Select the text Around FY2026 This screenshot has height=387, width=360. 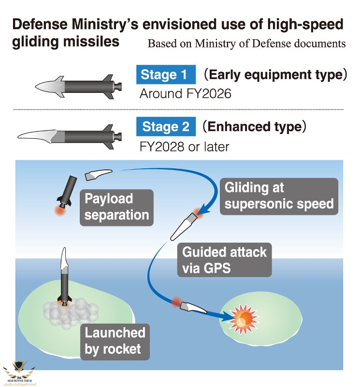(x=185, y=93)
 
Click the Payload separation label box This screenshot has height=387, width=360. (x=116, y=207)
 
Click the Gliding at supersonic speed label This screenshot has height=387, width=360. (x=279, y=195)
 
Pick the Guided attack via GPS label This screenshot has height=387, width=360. (x=224, y=259)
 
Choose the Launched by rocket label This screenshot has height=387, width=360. (x=115, y=341)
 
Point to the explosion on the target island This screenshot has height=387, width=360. (x=245, y=316)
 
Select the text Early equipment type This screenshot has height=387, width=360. (x=275, y=75)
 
